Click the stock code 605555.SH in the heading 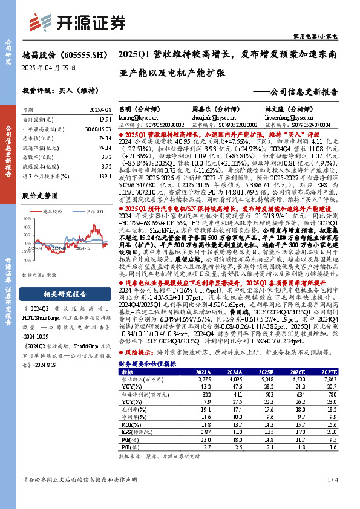point(82,54)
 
